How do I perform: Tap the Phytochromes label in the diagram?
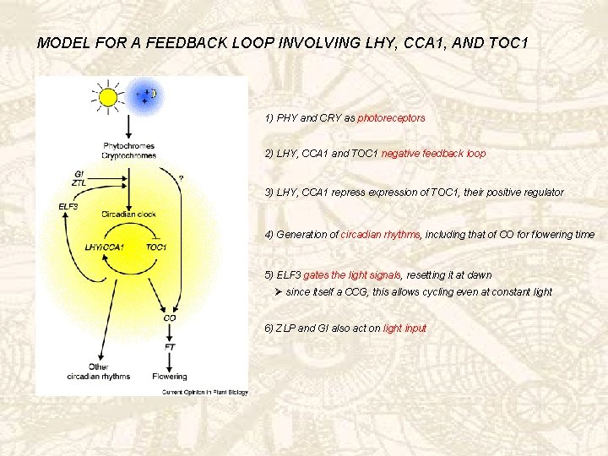pos(129,146)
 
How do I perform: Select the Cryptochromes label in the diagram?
pos(129,155)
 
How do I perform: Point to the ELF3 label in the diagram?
pos(68,206)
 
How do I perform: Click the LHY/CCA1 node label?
pos(105,247)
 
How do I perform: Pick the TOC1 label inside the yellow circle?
pos(155,247)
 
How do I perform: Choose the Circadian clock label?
pos(129,214)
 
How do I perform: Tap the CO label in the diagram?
pos(170,318)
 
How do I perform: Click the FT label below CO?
pos(170,346)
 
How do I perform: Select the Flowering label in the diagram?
pos(170,376)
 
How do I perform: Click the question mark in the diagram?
pos(182,178)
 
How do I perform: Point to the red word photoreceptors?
pos(391,118)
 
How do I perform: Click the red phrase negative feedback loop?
pos(433,154)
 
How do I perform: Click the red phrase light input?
pos(404,328)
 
